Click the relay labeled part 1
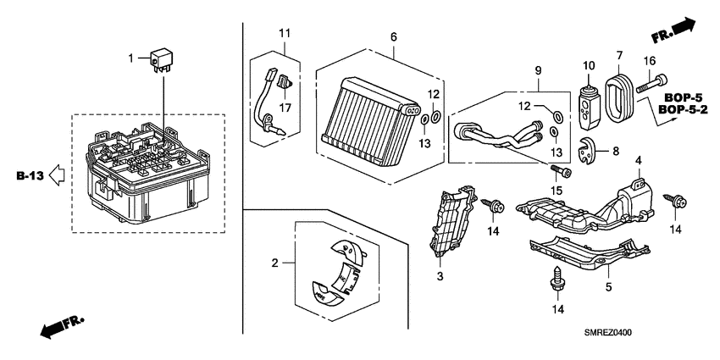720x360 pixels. click(163, 60)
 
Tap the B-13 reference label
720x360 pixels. click(30, 176)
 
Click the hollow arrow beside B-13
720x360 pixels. click(58, 176)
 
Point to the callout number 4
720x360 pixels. click(638, 162)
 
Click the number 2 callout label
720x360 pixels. click(274, 263)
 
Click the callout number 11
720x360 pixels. click(285, 33)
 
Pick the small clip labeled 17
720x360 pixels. click(285, 82)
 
